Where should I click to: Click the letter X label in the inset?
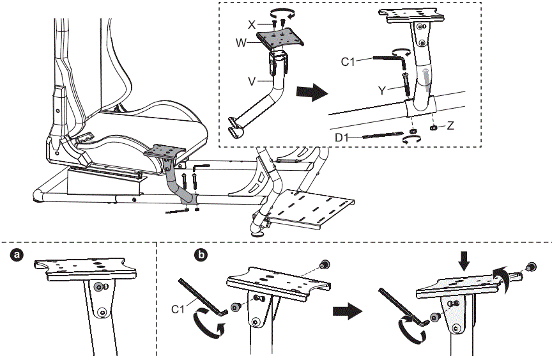coord(252,23)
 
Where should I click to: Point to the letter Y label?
coord(381,90)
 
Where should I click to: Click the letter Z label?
coord(450,127)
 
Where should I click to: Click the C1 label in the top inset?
coord(348,62)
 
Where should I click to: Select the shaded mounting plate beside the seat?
coord(164,153)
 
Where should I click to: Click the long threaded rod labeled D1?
coord(383,135)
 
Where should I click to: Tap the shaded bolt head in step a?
coord(98,288)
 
